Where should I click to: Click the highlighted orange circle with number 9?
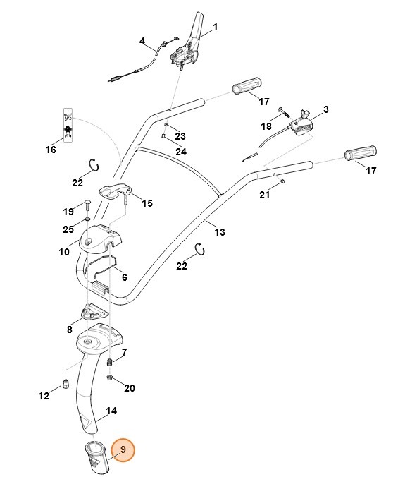coord(123,450)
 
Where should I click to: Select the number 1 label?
coord(215,28)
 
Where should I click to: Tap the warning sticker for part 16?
coord(68,124)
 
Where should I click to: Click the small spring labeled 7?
coord(109,362)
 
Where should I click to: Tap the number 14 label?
coord(111,411)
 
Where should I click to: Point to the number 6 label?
coord(124,277)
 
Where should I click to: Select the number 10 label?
coord(63,250)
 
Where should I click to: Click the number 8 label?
coord(70,329)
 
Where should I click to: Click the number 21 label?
coord(264,195)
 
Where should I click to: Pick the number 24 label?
coord(181,151)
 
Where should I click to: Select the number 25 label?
coord(68,229)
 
